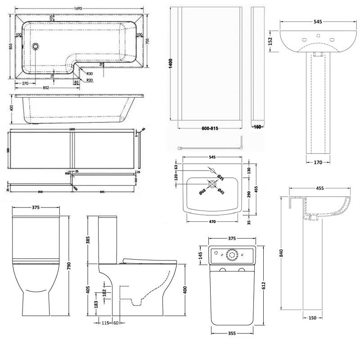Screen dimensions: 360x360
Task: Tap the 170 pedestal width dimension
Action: pyautogui.click(x=318, y=162)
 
